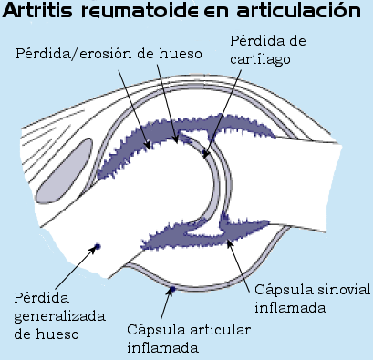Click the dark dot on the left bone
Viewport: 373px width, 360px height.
point(97,246)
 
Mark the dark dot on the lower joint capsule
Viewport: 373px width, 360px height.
point(172,291)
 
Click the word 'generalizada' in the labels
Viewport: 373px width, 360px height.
point(58,315)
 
